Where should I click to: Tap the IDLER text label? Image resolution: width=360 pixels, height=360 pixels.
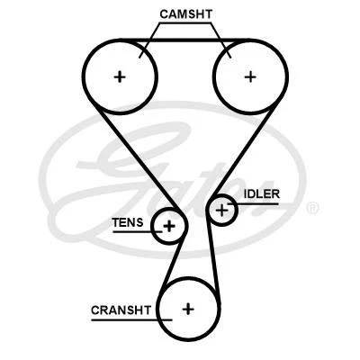pyautogui.click(x=261, y=193)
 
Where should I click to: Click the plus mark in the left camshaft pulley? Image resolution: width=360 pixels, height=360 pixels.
pyautogui.click(x=120, y=76)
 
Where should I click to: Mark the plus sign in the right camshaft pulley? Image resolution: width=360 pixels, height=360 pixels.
pyautogui.click(x=250, y=76)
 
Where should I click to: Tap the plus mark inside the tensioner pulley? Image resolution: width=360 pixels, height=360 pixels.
pyautogui.click(x=168, y=225)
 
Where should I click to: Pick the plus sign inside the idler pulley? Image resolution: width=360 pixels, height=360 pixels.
pyautogui.click(x=222, y=211)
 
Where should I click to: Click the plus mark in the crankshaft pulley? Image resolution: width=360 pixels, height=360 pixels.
pyautogui.click(x=188, y=309)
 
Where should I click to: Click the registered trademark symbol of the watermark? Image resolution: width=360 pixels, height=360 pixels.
pyautogui.click(x=312, y=208)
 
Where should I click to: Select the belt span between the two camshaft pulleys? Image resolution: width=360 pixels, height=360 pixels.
pyautogui.click(x=184, y=41)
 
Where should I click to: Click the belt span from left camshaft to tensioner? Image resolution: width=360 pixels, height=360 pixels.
pyautogui.click(x=126, y=153)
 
